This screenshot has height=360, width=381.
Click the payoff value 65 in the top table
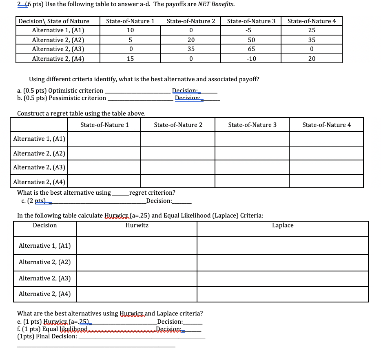(x=251, y=49)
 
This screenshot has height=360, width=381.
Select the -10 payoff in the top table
(x=251, y=58)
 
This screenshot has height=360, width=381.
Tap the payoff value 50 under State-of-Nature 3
(x=251, y=40)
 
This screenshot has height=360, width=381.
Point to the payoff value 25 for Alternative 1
(x=312, y=31)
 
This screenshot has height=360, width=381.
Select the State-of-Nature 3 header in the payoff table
(x=251, y=21)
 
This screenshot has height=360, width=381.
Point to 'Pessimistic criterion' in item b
(x=77, y=98)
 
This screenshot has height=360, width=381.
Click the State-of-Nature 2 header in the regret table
(x=178, y=125)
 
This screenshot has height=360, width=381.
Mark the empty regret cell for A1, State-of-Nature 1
(x=104, y=139)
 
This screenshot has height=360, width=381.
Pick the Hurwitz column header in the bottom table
(x=137, y=225)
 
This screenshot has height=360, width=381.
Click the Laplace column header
(x=282, y=225)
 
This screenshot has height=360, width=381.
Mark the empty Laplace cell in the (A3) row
(x=282, y=278)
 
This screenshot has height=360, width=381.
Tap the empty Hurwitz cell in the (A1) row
(x=137, y=246)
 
